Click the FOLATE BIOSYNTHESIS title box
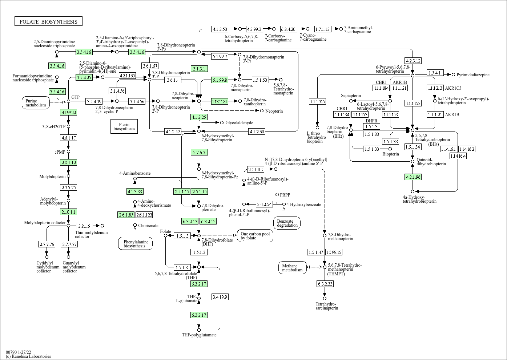coord(48,22)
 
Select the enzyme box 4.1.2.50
coord(220,29)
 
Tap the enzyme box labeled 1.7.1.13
coord(322,29)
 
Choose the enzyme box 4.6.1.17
coord(68,138)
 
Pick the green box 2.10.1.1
coord(69,212)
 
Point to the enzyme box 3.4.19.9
coord(220,297)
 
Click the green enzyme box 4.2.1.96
coord(413,177)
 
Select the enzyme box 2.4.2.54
coord(264,204)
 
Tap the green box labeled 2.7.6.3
coord(199,152)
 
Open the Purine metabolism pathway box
coord(36,103)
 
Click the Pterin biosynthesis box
coord(124,126)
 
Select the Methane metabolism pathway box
coord(292,268)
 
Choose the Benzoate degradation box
coord(287,223)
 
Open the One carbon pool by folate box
coord(255,236)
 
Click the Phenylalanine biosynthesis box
coord(134,243)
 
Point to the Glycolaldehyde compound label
coord(239,123)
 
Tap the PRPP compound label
coord(285,195)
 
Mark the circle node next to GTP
coord(68,101)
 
